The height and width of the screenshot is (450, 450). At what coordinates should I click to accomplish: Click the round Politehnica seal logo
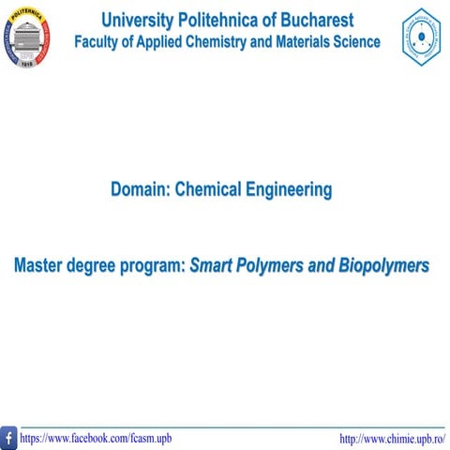point(24,36)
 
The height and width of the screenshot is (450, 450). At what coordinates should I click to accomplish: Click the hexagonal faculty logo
point(422,37)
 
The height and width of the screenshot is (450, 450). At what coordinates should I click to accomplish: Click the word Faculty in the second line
point(98,42)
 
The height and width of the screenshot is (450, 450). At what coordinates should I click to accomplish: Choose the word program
point(151,266)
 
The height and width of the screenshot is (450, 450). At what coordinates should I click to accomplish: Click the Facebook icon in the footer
point(8,438)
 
